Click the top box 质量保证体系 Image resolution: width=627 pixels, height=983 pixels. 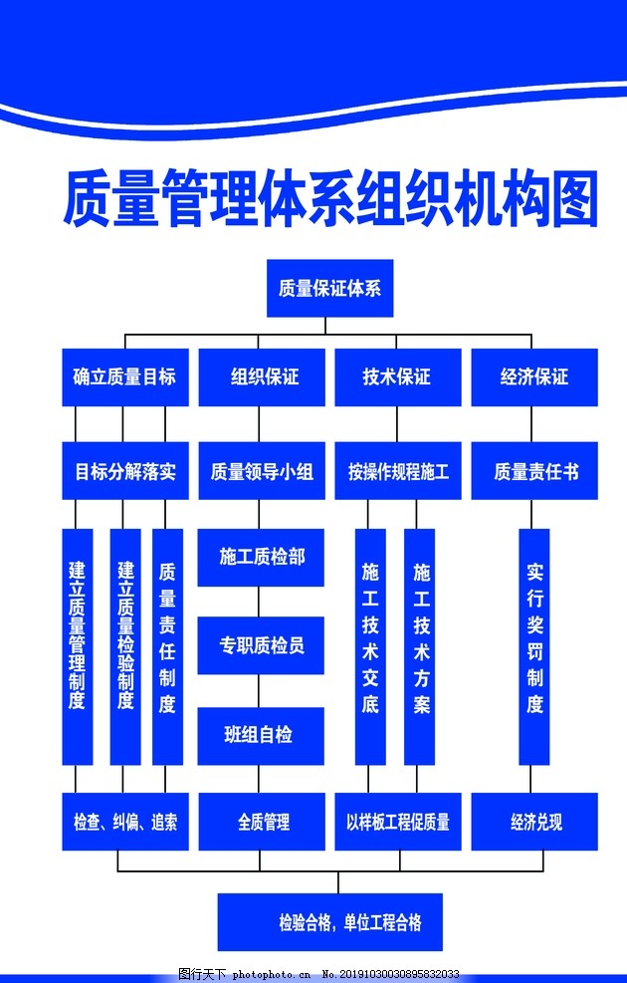pyautogui.click(x=330, y=289)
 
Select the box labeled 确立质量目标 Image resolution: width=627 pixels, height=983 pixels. pyautogui.click(x=125, y=377)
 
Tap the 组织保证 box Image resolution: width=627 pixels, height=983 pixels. pyautogui.click(x=262, y=377)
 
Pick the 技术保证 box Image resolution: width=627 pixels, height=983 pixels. pyautogui.click(x=398, y=377)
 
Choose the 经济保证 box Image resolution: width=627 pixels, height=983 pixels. pyautogui.click(x=534, y=377)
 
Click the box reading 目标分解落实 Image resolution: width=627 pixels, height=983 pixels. pyautogui.click(x=125, y=471)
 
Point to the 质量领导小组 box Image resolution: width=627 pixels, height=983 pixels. pyautogui.click(x=262, y=471)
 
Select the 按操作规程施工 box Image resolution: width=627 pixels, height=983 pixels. pyautogui.click(x=398, y=471)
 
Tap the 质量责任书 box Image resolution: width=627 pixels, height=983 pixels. pyautogui.click(x=534, y=471)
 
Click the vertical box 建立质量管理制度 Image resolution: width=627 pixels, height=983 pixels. pyautogui.click(x=78, y=647)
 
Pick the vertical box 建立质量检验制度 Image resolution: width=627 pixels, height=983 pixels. pyautogui.click(x=125, y=647)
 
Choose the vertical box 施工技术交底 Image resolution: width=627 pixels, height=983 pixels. pyautogui.click(x=370, y=647)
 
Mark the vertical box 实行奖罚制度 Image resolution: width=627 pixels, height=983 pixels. pyautogui.click(x=534, y=647)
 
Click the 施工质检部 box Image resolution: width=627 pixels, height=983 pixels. pyautogui.click(x=261, y=558)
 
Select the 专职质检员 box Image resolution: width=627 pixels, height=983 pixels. pyautogui.click(x=261, y=645)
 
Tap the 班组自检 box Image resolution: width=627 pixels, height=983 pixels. pyautogui.click(x=261, y=736)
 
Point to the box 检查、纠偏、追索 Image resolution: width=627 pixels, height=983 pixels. pyautogui.click(x=125, y=822)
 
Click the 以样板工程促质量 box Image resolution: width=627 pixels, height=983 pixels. pyautogui.click(x=398, y=822)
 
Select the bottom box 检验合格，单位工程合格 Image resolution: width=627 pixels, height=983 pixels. pyautogui.click(x=330, y=922)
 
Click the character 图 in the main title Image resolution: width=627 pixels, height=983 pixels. pyautogui.click(x=575, y=199)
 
